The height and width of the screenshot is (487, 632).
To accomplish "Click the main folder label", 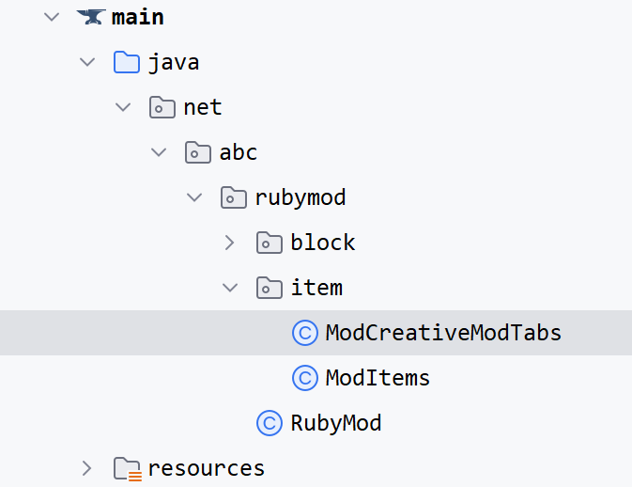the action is pos(137,17).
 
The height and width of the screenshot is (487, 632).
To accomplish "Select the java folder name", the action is pos(174,62).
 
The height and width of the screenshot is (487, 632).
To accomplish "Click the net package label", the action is pos(203,107).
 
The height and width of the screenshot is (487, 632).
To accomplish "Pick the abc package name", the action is pos(239,152).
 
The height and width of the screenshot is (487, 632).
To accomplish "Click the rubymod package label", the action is pos(301,197).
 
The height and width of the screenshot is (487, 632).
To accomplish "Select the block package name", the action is pos(323,243).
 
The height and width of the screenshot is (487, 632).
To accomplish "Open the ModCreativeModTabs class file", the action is pos(443,333).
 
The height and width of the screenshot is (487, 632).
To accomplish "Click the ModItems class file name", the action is pos(378,378).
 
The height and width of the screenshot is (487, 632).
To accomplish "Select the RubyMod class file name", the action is pos(336,423).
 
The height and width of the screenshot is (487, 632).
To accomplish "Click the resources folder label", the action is pos(207,468).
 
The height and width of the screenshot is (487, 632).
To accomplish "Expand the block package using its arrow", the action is pos(230,243).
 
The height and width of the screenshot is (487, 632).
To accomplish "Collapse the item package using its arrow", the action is pos(230,288).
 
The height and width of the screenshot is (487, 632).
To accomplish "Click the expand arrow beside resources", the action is pos(86,468).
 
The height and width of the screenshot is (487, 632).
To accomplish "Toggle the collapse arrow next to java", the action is pos(87,62).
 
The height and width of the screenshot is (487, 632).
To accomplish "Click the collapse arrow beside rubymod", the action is pos(194,197).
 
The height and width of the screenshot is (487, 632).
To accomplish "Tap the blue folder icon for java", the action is pos(127,62).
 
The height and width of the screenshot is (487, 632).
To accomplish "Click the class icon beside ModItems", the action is pos(305,378).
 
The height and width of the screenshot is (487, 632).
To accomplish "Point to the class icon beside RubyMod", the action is pos(270,423).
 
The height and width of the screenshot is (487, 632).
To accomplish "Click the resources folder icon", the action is pos(127,468).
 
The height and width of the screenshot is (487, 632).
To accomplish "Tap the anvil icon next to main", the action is pos(90,17).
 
